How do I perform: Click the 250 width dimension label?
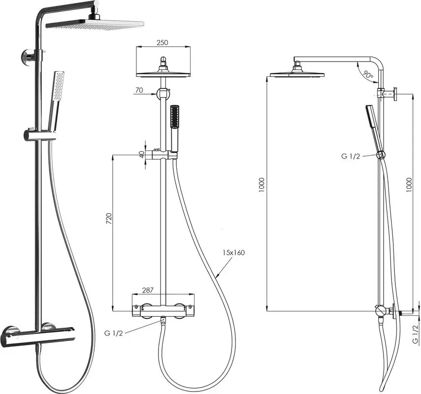pyautogui.click(x=162, y=42)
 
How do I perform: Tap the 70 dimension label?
pyautogui.click(x=139, y=90)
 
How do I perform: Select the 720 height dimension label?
pyautogui.click(x=108, y=219)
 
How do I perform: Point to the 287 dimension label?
pyautogui.click(x=148, y=290)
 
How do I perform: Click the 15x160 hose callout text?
pyautogui.click(x=233, y=253)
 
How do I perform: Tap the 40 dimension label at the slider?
pyautogui.click(x=142, y=154)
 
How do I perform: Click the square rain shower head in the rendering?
pyautogui.click(x=96, y=24)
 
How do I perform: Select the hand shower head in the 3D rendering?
pyautogui.click(x=58, y=86)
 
